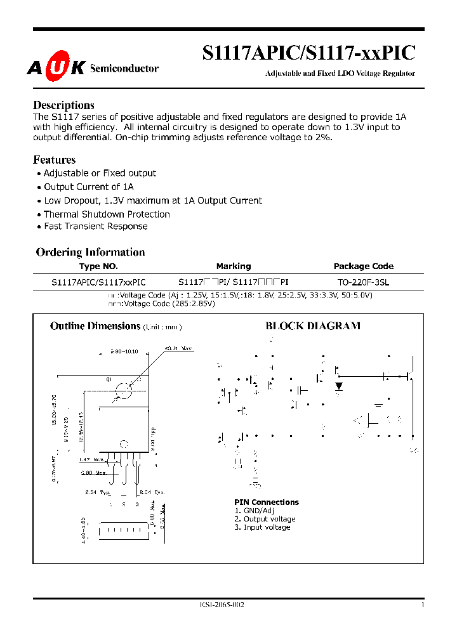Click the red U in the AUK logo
56,69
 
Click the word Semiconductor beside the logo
124,69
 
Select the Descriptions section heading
63,105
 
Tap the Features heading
54,160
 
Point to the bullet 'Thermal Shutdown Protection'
107,214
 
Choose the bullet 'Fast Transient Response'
95,226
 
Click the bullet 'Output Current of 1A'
89,187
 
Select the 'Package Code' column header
364,266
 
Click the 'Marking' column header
234,266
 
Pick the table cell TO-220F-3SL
364,282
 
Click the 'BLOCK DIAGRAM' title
312,326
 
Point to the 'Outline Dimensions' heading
95,326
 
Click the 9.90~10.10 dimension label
124,351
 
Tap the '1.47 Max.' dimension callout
93,459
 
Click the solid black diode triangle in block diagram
339,386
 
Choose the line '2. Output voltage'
265,519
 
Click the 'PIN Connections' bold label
267,502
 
